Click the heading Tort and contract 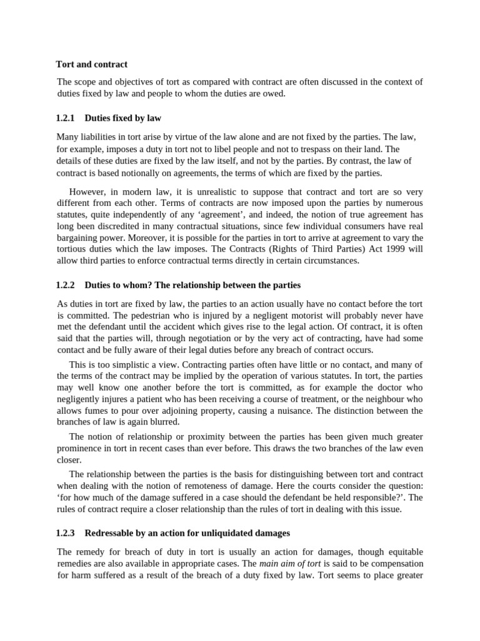pos(91,64)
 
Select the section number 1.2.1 pos(65,118)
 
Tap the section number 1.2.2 pos(65,285)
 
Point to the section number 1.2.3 pos(65,533)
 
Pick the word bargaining pos(79,238)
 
